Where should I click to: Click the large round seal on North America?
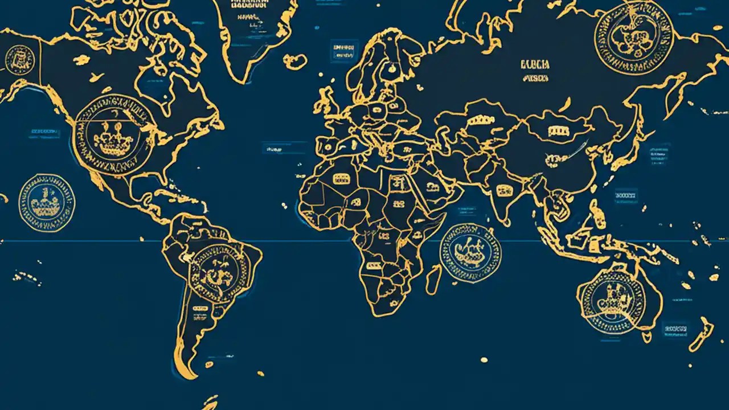point(114,136)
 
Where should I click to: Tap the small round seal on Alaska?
point(19,59)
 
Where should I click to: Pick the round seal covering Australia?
point(613,300)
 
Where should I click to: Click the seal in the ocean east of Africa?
point(470,253)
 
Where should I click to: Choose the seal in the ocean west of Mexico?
point(47,203)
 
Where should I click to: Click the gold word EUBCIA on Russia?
point(535,65)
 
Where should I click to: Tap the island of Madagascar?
point(434,279)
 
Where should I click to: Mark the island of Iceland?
point(294,61)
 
